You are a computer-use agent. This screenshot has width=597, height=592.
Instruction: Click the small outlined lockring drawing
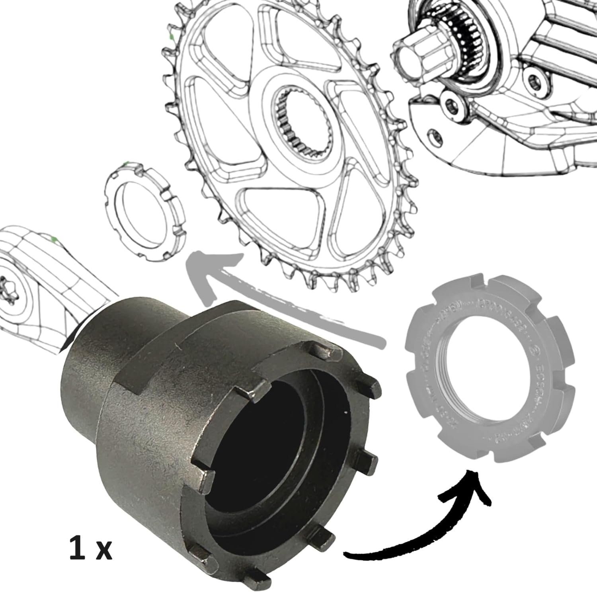tap(145, 211)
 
